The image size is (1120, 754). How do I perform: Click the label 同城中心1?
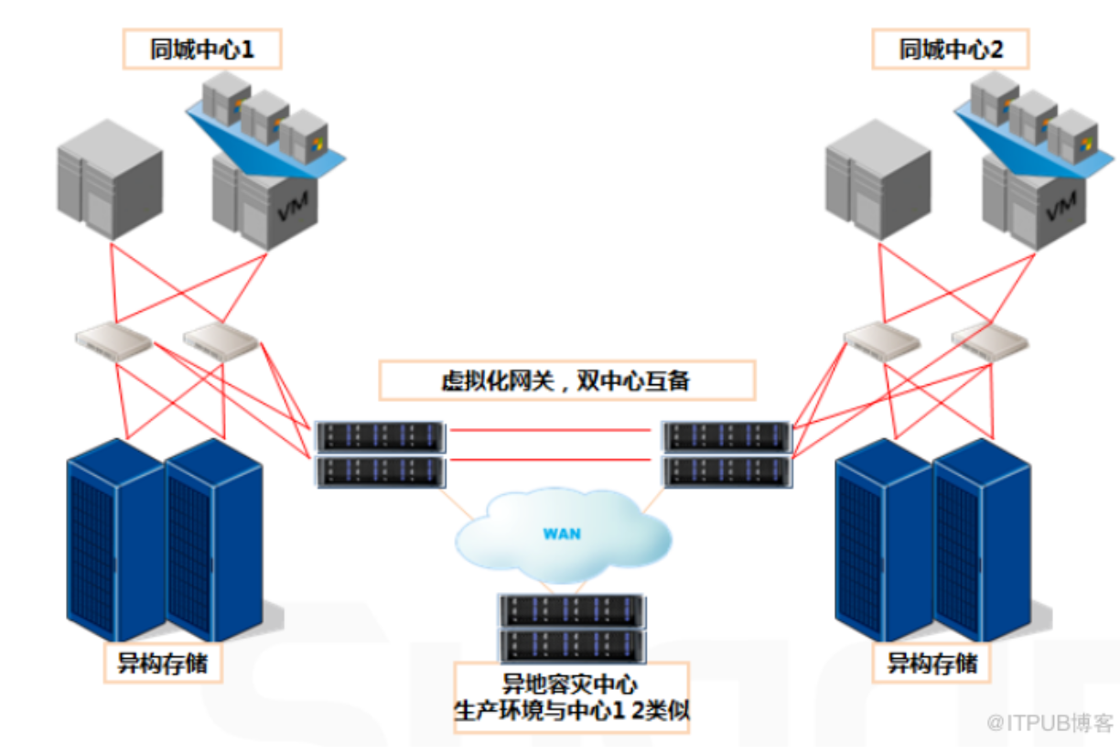point(202,49)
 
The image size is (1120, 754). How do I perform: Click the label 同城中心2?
point(951,49)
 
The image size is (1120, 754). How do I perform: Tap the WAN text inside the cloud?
point(561,533)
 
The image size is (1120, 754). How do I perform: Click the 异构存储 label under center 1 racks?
point(163,663)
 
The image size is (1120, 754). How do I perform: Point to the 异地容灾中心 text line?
point(570,684)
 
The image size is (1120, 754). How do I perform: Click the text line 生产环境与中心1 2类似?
point(570,710)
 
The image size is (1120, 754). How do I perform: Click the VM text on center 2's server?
point(1060,214)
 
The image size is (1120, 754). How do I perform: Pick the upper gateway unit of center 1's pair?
point(379,436)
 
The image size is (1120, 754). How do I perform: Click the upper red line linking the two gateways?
point(554,428)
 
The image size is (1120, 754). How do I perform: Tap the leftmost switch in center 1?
point(113,341)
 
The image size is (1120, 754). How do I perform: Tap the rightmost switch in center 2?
point(990,340)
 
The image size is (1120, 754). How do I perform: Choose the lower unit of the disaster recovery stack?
point(572,644)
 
